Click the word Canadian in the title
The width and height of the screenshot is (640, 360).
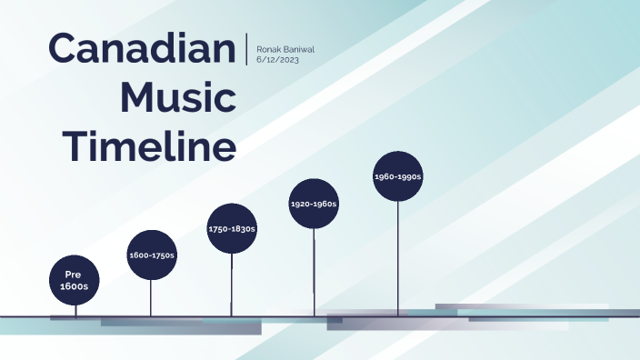[x=141, y=47]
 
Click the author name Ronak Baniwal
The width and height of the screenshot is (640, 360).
[x=285, y=47]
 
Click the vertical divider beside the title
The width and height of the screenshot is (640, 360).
[x=247, y=48]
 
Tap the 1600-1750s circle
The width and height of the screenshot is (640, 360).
[x=151, y=255]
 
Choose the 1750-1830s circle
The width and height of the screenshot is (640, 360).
[x=232, y=228]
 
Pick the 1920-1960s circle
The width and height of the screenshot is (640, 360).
[x=314, y=204]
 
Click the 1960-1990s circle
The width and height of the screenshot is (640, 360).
[x=398, y=176]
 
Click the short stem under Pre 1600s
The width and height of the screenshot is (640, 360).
[x=75, y=309]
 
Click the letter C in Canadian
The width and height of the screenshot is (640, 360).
[x=63, y=47]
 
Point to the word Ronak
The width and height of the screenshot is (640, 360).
[x=270, y=47]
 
